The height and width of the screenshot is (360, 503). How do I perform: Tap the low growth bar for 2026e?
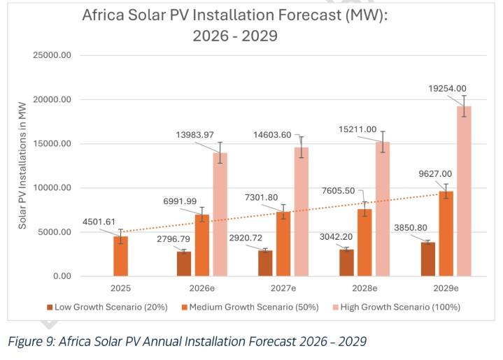tap(183, 264)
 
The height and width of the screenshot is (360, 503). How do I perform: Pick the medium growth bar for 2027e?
tap(283, 244)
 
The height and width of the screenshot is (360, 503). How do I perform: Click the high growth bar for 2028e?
tap(383, 209)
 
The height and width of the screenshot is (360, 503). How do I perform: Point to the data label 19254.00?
tap(447, 88)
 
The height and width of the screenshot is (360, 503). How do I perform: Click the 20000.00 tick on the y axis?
tap(52, 99)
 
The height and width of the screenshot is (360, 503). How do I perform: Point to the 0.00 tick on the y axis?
tap(62, 276)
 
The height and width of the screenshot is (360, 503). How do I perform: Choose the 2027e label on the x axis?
tap(283, 288)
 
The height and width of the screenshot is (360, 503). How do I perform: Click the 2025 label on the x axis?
tap(121, 288)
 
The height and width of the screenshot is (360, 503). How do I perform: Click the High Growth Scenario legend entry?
tap(399, 306)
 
